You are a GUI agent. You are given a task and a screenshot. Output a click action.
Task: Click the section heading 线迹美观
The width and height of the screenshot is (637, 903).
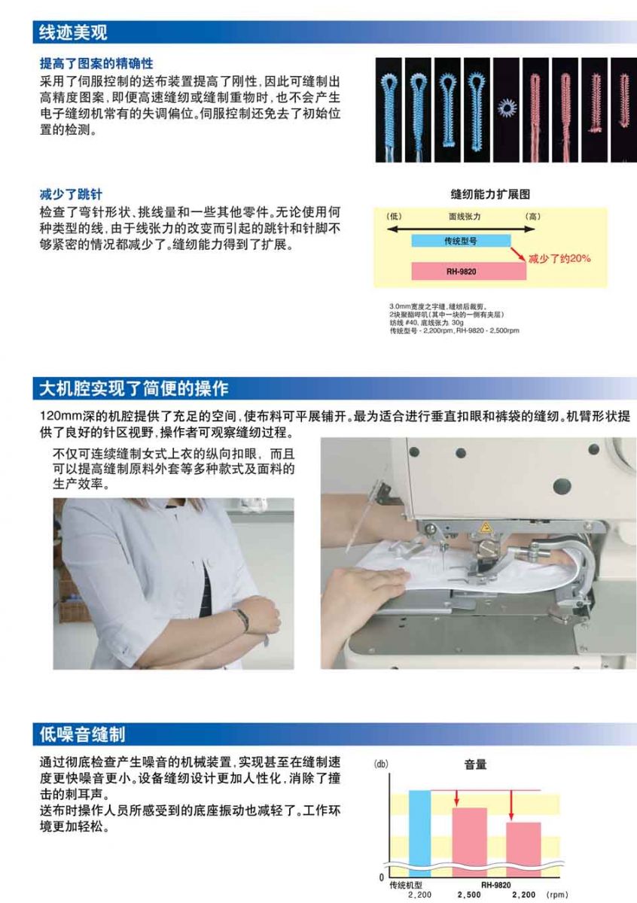click(73, 32)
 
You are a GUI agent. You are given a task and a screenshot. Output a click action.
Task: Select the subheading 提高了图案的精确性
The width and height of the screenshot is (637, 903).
click(96, 64)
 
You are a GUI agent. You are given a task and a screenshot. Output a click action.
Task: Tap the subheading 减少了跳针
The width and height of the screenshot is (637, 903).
click(71, 194)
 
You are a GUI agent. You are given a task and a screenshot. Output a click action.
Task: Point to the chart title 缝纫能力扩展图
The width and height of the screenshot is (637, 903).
click(490, 194)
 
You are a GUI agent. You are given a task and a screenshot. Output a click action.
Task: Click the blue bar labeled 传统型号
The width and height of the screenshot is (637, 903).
click(461, 241)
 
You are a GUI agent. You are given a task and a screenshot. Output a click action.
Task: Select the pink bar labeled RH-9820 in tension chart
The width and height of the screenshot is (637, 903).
click(469, 272)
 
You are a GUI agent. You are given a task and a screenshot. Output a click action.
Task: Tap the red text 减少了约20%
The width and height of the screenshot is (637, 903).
click(559, 258)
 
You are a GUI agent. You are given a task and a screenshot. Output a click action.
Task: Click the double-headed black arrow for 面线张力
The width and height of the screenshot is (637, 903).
click(461, 230)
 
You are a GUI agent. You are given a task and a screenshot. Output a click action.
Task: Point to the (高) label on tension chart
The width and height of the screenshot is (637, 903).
click(532, 217)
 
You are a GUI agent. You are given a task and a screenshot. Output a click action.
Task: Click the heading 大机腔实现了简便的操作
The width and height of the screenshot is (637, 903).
click(134, 388)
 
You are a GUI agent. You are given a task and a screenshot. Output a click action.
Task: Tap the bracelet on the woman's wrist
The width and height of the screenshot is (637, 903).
click(242, 619)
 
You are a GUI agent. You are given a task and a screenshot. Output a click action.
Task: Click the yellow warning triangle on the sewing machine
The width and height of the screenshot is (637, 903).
click(486, 528)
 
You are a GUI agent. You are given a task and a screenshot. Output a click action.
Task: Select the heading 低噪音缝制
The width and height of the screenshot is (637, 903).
click(82, 734)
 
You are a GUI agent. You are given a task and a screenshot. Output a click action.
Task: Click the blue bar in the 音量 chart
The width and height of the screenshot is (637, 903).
click(419, 834)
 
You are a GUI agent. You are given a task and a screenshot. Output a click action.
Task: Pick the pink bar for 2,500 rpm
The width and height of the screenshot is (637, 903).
click(470, 843)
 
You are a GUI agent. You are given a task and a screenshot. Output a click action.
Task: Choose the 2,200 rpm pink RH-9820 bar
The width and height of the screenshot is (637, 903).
click(523, 850)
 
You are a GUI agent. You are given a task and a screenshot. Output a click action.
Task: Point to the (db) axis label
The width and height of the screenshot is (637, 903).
click(381, 764)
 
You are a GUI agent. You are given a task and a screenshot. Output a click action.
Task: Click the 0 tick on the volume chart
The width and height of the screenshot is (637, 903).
click(381, 877)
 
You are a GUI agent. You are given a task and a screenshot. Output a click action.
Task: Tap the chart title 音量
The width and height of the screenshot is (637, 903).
click(475, 765)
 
